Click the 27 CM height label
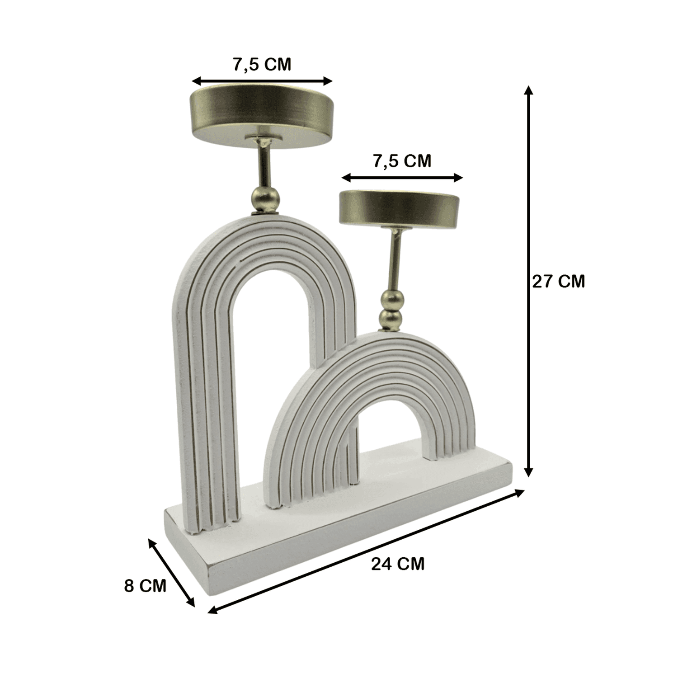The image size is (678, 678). pos(558,281)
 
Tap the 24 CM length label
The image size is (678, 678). pos(398,564)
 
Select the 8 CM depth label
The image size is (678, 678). pos(145,586)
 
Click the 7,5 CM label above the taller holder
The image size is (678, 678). pos(262,65)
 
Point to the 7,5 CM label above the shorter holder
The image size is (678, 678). pos(402,161)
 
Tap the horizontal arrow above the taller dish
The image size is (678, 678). pos(262,81)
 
